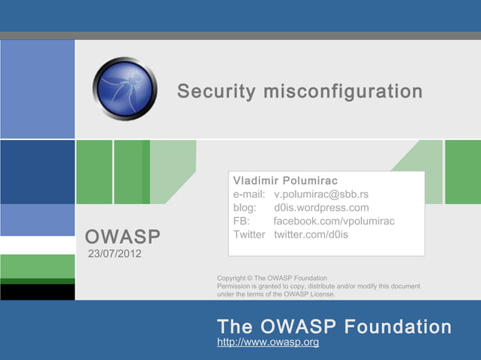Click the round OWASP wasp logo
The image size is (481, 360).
(124, 89)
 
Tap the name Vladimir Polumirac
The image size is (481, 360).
(286, 181)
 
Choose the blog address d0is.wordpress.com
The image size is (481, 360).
(321, 208)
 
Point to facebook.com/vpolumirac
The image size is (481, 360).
(334, 221)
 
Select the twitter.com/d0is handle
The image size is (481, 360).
(311, 235)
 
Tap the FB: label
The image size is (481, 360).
(243, 221)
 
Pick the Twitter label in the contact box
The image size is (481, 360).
(250, 235)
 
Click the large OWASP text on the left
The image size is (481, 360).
(123, 238)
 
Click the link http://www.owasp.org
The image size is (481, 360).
(268, 343)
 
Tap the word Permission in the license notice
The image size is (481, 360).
(236, 286)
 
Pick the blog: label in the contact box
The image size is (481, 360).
(246, 208)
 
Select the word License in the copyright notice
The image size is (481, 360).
(320, 294)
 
